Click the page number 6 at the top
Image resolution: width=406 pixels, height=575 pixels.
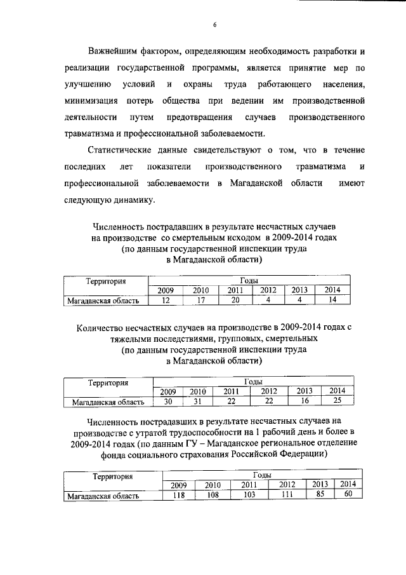pyautogui.click(x=215, y=24)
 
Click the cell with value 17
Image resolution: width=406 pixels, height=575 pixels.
pyautogui.click(x=200, y=301)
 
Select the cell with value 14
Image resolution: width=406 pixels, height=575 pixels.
pyautogui.click(x=332, y=301)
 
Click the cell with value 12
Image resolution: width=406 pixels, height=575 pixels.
pyautogui.click(x=165, y=301)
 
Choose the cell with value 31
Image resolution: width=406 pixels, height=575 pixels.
pyautogui.click(x=199, y=401)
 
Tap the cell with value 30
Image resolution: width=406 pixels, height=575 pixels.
pyautogui.click(x=169, y=401)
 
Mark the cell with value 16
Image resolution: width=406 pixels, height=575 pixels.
pyautogui.click(x=305, y=401)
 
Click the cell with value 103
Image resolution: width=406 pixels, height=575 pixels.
pyautogui.click(x=249, y=496)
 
